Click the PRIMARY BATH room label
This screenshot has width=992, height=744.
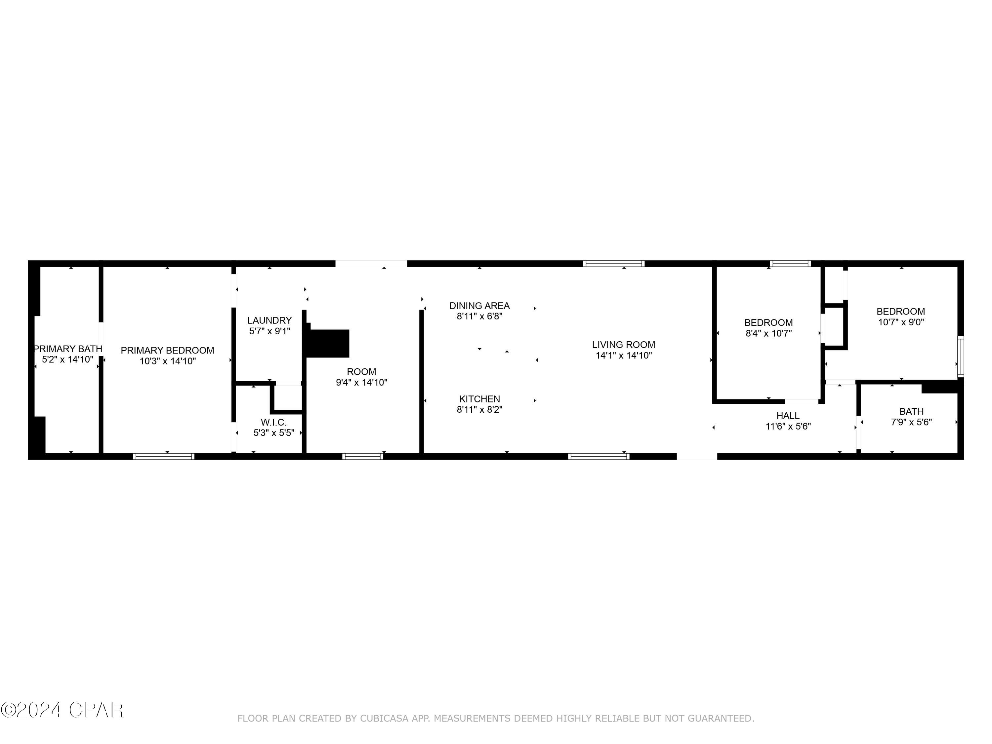tap(68, 349)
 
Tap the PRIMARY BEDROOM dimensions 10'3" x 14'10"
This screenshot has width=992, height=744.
tap(167, 361)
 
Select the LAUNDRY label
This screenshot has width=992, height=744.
tap(269, 320)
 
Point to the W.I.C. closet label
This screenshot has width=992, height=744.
tap(273, 422)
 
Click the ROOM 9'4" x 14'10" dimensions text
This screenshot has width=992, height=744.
tap(361, 383)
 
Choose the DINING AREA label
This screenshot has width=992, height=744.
tap(479, 306)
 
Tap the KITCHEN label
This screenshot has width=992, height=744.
tap(479, 399)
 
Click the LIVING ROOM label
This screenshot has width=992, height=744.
tap(623, 345)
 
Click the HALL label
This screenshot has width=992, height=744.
tap(788, 415)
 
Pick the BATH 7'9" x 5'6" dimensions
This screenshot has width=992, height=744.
tap(911, 422)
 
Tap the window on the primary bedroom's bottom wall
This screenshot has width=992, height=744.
tap(164, 457)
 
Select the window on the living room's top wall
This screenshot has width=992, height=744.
tap(613, 264)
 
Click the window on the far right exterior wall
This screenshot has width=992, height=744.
tap(961, 356)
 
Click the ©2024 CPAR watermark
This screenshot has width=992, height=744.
tap(62, 710)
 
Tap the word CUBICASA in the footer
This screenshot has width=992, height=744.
tap(384, 719)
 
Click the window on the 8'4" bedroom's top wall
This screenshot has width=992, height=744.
tap(790, 264)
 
